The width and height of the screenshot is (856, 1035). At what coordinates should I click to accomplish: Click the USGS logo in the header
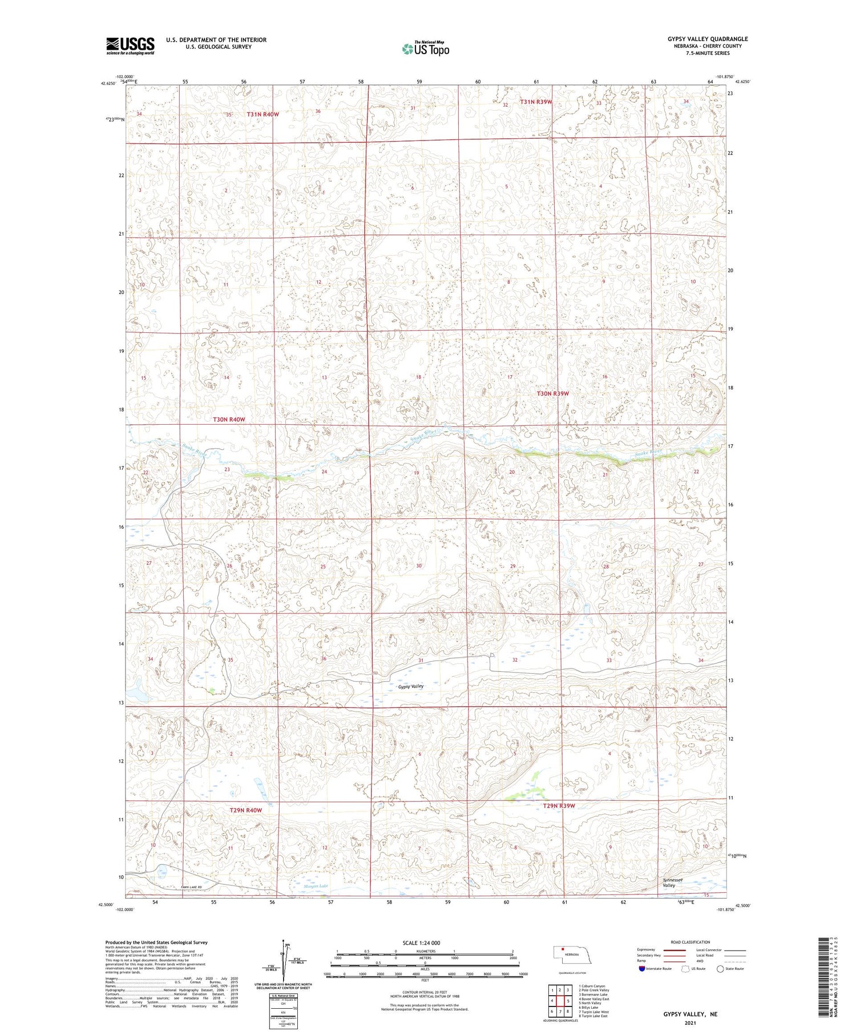click(130, 46)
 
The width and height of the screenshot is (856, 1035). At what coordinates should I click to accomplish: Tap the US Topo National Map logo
click(425, 48)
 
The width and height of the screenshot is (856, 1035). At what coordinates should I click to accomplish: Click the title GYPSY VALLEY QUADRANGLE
click(708, 39)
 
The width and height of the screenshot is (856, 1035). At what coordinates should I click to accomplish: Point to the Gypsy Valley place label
click(411, 686)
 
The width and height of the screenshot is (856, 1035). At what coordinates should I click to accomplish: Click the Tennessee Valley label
click(672, 883)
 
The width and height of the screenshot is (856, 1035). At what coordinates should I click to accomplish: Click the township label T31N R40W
click(263, 114)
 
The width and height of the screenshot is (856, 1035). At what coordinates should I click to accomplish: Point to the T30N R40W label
click(229, 420)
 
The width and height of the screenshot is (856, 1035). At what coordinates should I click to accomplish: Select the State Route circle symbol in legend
click(720, 969)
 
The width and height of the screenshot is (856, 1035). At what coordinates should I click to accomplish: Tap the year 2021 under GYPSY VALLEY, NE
click(690, 1022)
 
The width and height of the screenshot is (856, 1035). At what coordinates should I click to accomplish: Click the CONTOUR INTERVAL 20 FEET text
click(425, 992)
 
